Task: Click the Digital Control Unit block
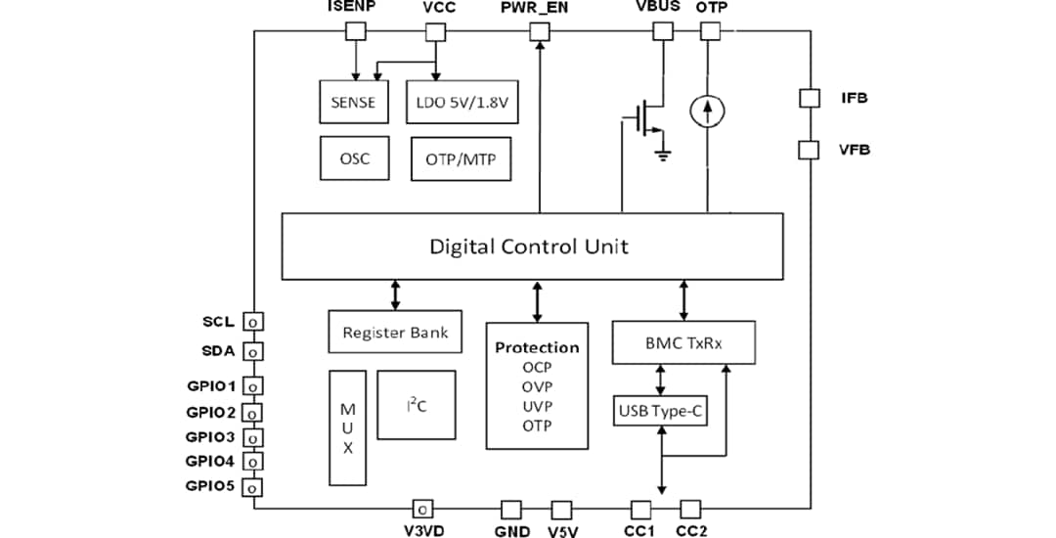(x=532, y=246)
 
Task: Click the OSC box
(x=353, y=157)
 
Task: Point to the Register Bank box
(x=395, y=333)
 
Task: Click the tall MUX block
(x=347, y=427)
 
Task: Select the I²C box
(x=416, y=405)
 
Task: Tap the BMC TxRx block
(x=683, y=342)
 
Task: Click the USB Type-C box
(x=660, y=410)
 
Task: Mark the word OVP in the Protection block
(x=537, y=387)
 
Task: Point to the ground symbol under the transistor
(x=664, y=154)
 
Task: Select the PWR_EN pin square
(x=540, y=31)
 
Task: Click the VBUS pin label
(x=658, y=7)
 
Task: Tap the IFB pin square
(x=809, y=98)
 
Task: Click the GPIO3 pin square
(x=252, y=437)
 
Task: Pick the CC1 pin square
(x=640, y=510)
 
